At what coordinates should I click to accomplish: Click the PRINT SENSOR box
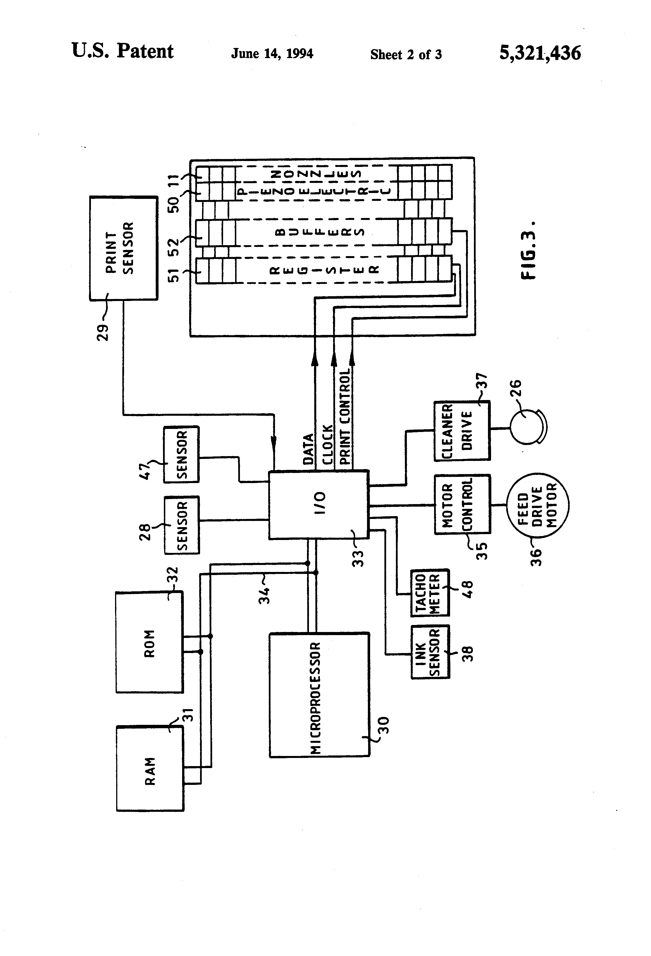[x=123, y=248]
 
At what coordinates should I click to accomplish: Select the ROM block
[x=149, y=643]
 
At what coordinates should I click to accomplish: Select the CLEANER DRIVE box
[x=462, y=431]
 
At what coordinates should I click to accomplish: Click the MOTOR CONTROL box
[x=462, y=504]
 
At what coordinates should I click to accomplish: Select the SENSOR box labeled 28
[x=182, y=525]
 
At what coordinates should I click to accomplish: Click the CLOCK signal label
[x=327, y=445]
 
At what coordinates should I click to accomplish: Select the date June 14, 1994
[x=272, y=54]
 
